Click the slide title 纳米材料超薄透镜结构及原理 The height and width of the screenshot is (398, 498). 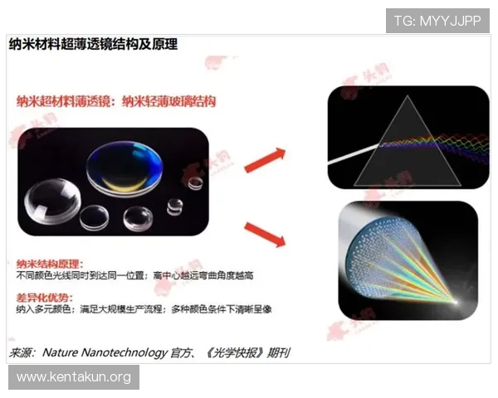92,43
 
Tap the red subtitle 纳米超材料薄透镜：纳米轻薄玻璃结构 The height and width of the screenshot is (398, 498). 116,102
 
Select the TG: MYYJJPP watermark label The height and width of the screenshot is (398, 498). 437,20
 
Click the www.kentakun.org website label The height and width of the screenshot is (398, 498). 74,377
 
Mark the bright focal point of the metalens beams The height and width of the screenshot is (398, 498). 456,312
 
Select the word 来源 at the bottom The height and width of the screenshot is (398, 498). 22,352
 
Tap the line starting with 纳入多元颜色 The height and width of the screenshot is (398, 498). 141,309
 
